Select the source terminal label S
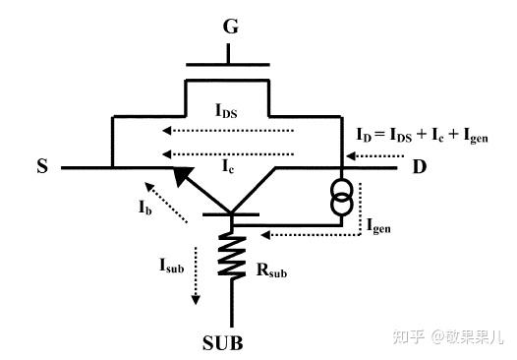42,168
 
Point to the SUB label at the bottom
231,343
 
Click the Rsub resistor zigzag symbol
232,255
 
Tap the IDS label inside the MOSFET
227,111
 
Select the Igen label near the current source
379,225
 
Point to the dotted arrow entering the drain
375,155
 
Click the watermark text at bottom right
446,336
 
